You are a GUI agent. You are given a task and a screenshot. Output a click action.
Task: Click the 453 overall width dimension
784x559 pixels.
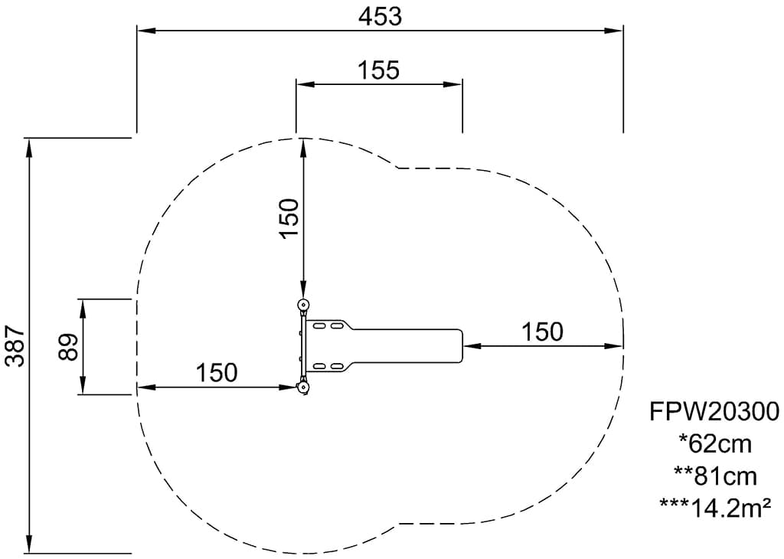(x=380, y=17)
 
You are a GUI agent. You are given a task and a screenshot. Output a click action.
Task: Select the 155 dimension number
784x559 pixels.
(x=378, y=70)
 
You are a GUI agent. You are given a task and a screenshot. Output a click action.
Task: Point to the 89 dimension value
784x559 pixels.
(x=68, y=347)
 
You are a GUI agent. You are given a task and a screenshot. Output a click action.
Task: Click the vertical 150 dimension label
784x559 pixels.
(x=289, y=218)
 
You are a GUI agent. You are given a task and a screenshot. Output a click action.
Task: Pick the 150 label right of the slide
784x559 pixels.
(x=542, y=332)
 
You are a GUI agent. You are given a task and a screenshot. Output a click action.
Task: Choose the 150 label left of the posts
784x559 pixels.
(x=216, y=372)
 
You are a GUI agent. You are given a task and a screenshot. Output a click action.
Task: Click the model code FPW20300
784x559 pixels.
(x=714, y=411)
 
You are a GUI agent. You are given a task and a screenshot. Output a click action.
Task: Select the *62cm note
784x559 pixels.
(x=715, y=443)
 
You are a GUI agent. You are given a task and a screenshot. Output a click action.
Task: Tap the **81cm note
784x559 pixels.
(x=715, y=476)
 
